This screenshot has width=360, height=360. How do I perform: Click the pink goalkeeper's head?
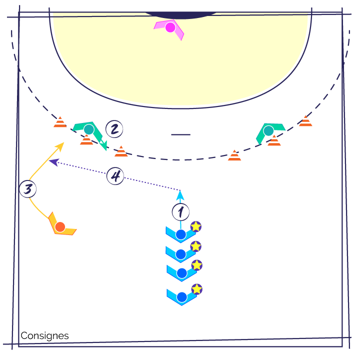click(x=170, y=27)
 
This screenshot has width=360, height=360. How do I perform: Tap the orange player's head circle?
click(x=60, y=227)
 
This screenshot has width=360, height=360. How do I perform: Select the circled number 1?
click(x=180, y=212)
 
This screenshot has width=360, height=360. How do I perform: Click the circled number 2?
click(x=114, y=129)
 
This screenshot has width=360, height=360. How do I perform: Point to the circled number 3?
click(x=28, y=189)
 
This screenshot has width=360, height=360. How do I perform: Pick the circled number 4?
click(x=115, y=176)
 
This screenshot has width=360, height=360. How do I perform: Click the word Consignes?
click(x=44, y=335)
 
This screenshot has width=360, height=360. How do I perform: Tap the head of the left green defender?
click(x=89, y=129)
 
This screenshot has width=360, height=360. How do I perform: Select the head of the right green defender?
click(x=268, y=131)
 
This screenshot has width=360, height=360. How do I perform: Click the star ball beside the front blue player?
click(x=196, y=226)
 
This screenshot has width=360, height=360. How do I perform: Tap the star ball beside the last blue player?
click(x=197, y=289)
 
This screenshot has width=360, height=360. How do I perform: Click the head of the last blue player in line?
click(x=182, y=297)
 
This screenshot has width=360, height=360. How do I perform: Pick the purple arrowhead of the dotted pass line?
click(x=54, y=162)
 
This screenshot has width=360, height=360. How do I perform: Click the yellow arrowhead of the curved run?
click(x=60, y=146)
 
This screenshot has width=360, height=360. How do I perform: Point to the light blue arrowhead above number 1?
click(x=180, y=195)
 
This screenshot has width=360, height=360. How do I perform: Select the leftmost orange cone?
click(x=60, y=122)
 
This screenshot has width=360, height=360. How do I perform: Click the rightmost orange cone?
click(x=305, y=121)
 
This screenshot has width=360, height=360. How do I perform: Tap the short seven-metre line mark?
click(x=180, y=134)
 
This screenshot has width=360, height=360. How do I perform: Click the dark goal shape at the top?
click(x=181, y=15)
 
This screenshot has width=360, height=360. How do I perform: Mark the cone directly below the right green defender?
click(x=274, y=140)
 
